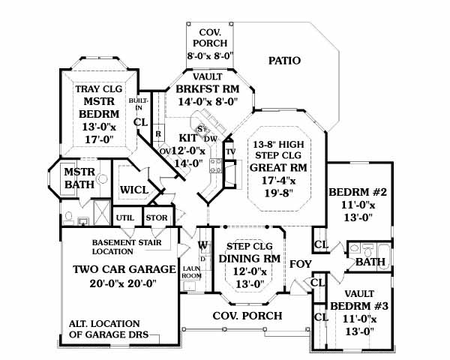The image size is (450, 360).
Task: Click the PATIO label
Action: (x=284, y=61)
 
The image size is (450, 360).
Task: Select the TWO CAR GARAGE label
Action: (x=124, y=269)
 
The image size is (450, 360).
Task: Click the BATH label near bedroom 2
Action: (x=370, y=262)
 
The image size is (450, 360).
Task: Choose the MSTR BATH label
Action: (x=78, y=178)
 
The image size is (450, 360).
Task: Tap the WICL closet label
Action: (x=134, y=190)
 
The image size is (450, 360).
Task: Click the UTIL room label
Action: (x=124, y=218)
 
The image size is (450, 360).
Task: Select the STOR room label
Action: (x=156, y=218)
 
